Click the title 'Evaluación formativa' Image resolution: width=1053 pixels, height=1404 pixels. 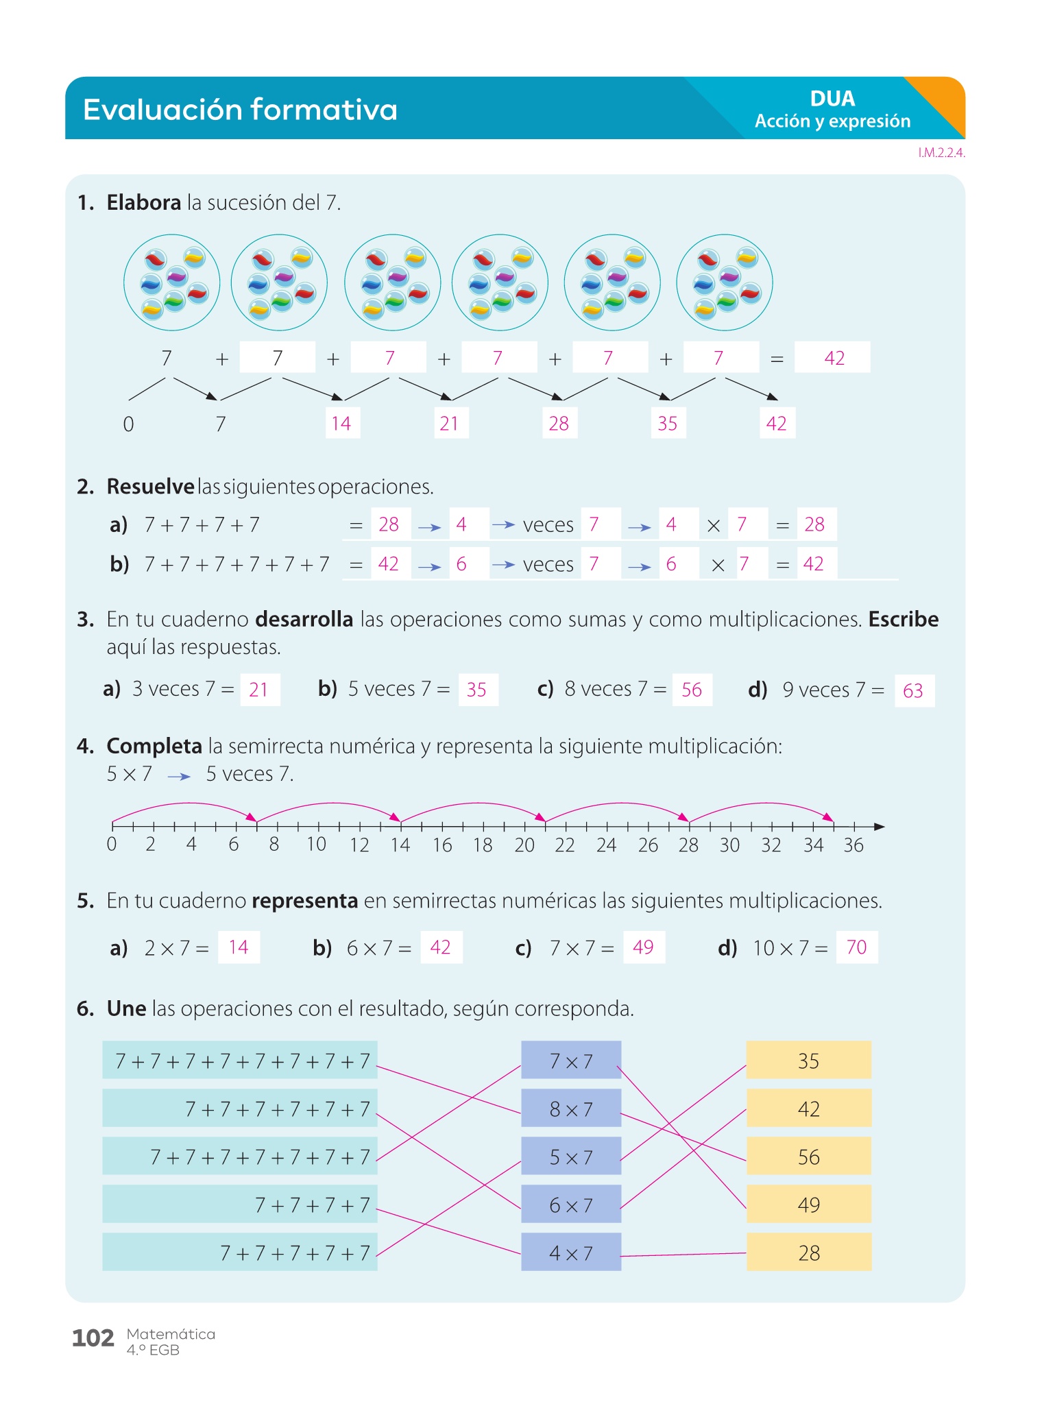click(x=240, y=110)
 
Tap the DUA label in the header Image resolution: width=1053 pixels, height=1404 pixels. click(x=832, y=99)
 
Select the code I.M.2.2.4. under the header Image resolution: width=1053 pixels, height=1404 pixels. click(x=941, y=153)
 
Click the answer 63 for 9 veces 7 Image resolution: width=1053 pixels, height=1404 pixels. click(x=914, y=690)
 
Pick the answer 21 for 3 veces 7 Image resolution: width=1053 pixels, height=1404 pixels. click(x=260, y=690)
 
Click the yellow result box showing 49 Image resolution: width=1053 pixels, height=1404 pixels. click(x=809, y=1204)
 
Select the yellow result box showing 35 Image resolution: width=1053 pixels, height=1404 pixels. click(x=809, y=1060)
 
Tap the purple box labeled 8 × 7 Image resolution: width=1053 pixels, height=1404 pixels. click(x=571, y=1108)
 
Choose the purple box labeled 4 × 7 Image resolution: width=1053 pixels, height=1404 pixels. click(x=571, y=1252)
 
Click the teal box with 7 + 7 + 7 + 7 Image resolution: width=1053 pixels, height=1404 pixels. click(x=240, y=1204)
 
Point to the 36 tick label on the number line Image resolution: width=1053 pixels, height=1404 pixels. click(x=854, y=845)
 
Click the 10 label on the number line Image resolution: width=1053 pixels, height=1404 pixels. click(x=316, y=845)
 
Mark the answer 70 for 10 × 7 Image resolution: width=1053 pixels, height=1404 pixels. click(x=857, y=947)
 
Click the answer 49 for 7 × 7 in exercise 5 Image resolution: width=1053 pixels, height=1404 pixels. click(x=644, y=947)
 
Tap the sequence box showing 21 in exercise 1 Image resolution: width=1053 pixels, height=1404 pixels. click(x=450, y=423)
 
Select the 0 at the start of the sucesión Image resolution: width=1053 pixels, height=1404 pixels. click(x=128, y=424)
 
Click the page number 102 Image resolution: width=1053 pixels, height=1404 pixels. click(x=93, y=1338)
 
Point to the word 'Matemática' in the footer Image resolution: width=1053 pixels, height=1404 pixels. click(x=171, y=1334)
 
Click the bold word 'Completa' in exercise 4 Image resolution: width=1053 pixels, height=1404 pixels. click(x=154, y=746)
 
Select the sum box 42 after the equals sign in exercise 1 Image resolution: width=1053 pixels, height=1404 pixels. click(x=832, y=357)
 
